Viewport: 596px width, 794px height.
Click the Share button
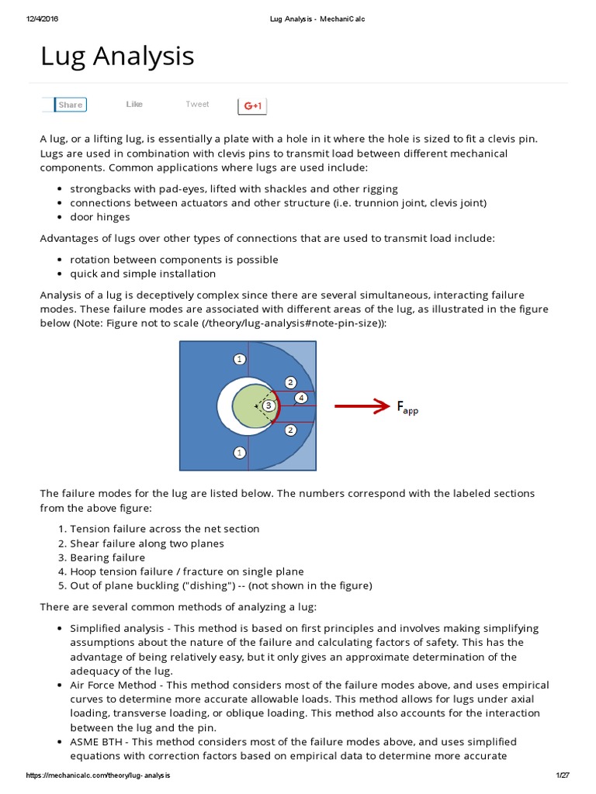[70, 105]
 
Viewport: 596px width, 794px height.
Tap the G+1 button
[252, 105]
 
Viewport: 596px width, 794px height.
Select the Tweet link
[197, 105]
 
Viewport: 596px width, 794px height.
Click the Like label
[134, 105]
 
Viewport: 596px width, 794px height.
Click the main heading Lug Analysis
[117, 56]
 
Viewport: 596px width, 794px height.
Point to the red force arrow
[361, 406]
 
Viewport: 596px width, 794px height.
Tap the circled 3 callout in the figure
[269, 405]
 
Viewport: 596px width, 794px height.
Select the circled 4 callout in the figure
[301, 399]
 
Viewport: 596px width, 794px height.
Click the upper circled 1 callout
[240, 359]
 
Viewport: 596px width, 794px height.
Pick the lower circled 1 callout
[240, 452]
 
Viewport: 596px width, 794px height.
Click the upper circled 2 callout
[290, 382]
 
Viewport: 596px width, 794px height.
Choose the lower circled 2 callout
[290, 430]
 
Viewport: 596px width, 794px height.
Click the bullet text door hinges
[99, 217]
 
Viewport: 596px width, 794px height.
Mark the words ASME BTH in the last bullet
[99, 742]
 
